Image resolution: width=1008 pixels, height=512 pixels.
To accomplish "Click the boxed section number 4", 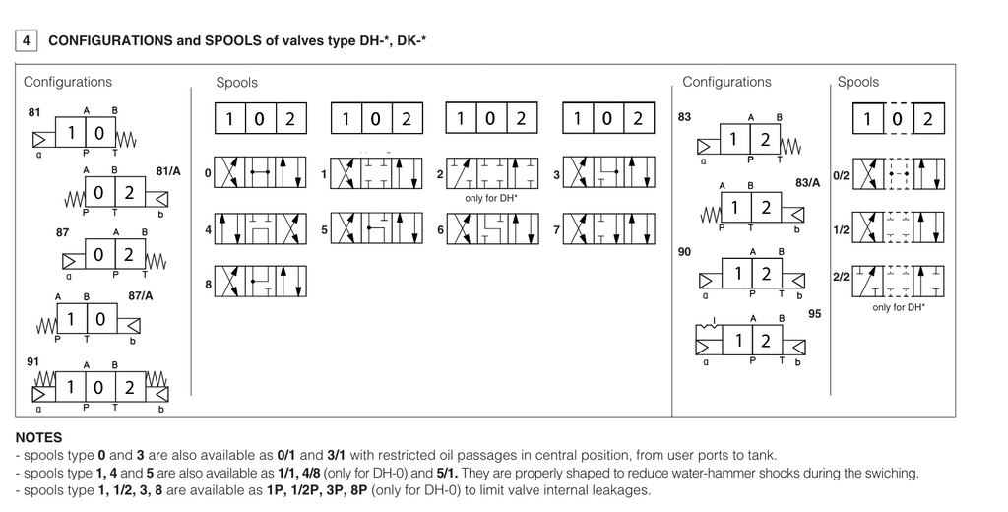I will point(27,41).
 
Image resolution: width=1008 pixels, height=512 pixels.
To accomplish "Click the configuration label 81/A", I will point(168,171).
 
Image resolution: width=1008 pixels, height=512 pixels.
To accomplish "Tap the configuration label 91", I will point(33,361).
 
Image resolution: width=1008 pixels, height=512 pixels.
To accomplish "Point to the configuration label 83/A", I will point(807,182).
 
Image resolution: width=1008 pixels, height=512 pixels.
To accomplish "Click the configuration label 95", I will point(814,314).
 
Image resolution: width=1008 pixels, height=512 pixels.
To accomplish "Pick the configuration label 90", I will point(685,252).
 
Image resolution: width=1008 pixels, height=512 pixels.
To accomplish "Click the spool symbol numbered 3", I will point(609,173).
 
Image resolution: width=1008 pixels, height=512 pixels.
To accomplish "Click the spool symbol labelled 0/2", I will point(900,173).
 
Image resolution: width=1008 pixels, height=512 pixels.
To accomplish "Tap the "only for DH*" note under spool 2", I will point(492,198).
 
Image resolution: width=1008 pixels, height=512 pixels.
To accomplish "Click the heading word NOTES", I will point(39,437).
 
